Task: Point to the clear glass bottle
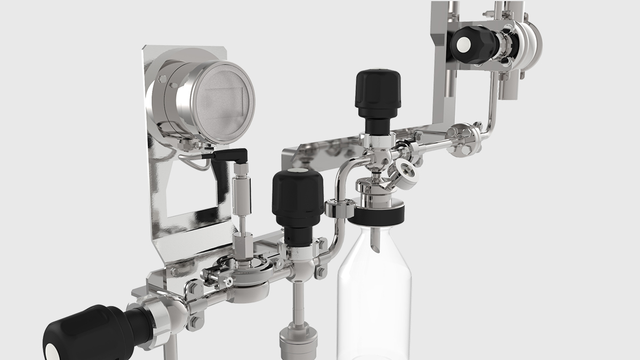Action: click(x=374, y=299)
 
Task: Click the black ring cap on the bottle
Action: click(x=377, y=214)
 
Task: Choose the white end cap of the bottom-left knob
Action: click(x=52, y=353)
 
